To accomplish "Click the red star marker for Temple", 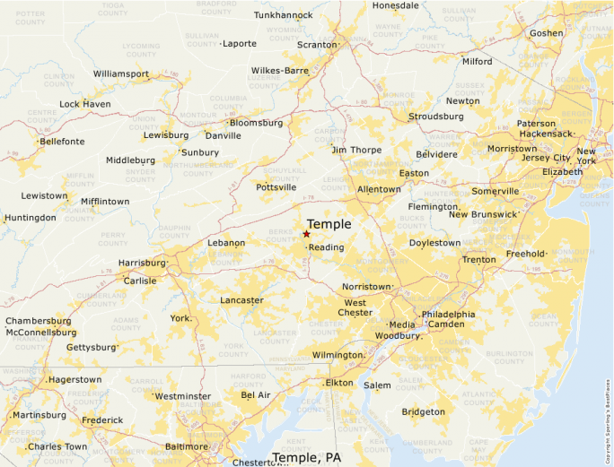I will coord(306,234).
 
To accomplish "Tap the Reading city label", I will coord(326,247).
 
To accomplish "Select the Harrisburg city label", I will coord(143,264).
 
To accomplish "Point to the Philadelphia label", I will coord(448,315).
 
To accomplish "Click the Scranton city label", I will coord(316,44).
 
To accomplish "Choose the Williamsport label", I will coord(121,74).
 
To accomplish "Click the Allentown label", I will coord(379,190).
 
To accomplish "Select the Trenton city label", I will coord(478,260).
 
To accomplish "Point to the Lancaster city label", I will coord(241,300).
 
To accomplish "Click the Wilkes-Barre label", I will coord(280,70).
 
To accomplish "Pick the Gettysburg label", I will coord(92,347).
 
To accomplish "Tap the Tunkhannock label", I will coord(284,15).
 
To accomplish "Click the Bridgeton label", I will coord(423,412).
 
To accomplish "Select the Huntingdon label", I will coord(30,218).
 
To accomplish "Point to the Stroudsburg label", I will coord(436,117).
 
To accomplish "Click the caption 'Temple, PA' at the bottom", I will coord(306,457).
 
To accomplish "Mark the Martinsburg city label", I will coord(39,415).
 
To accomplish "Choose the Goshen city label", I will coord(547,33).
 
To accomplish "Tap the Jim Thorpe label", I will coord(356,150).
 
